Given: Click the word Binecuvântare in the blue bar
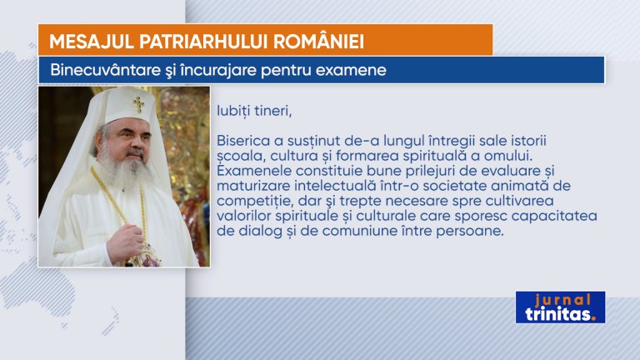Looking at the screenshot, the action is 105,70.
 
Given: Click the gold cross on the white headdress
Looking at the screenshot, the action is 138,104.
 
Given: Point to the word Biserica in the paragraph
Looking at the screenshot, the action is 243,141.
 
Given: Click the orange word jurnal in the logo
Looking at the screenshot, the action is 562,300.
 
